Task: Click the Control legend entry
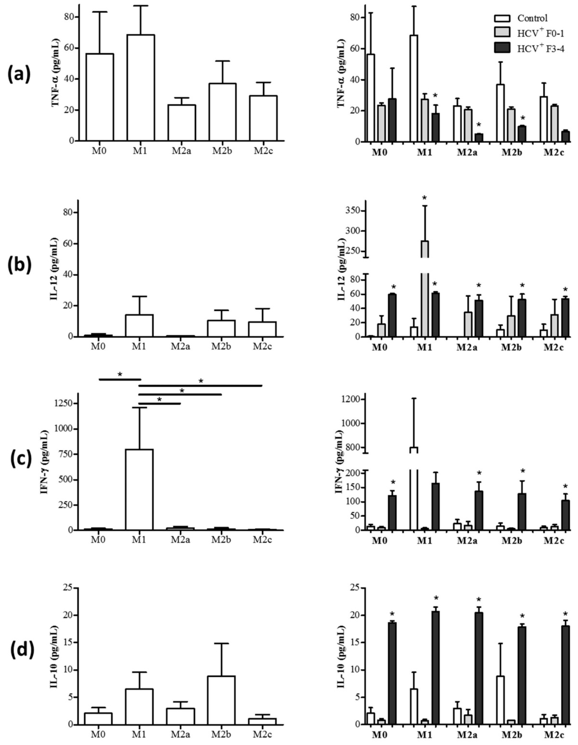coord(532,18)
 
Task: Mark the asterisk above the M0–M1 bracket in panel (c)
coord(120,374)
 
